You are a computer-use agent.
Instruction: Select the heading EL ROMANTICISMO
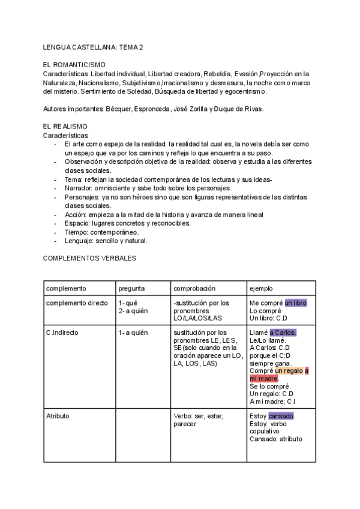point(74,65)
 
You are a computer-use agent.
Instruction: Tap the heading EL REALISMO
point(66,127)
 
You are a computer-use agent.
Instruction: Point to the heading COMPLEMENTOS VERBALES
point(90,258)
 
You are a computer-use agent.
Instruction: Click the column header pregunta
point(131,289)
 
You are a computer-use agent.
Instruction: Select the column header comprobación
point(194,289)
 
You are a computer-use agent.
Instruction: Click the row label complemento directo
point(77,303)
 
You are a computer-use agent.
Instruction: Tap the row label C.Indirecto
point(62,333)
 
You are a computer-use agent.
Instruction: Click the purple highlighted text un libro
point(295,303)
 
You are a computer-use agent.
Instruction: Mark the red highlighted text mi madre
point(263,379)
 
